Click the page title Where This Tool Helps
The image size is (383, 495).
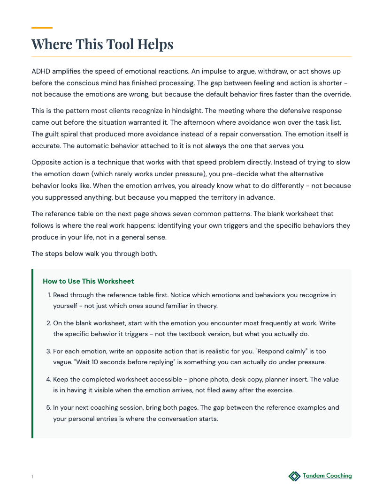pyautogui.click(x=102, y=44)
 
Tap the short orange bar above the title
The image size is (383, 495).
pyautogui.click(x=42, y=28)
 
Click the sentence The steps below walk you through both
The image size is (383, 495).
pyautogui.click(x=94, y=254)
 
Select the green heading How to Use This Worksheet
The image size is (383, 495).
pyautogui.click(x=88, y=281)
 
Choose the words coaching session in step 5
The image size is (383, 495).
pyautogui.click(x=110, y=407)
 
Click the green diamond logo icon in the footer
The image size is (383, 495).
pyautogui.click(x=294, y=476)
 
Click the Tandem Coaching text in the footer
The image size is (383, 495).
pyautogui.click(x=327, y=476)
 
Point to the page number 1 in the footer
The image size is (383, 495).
pyautogui.click(x=32, y=477)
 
